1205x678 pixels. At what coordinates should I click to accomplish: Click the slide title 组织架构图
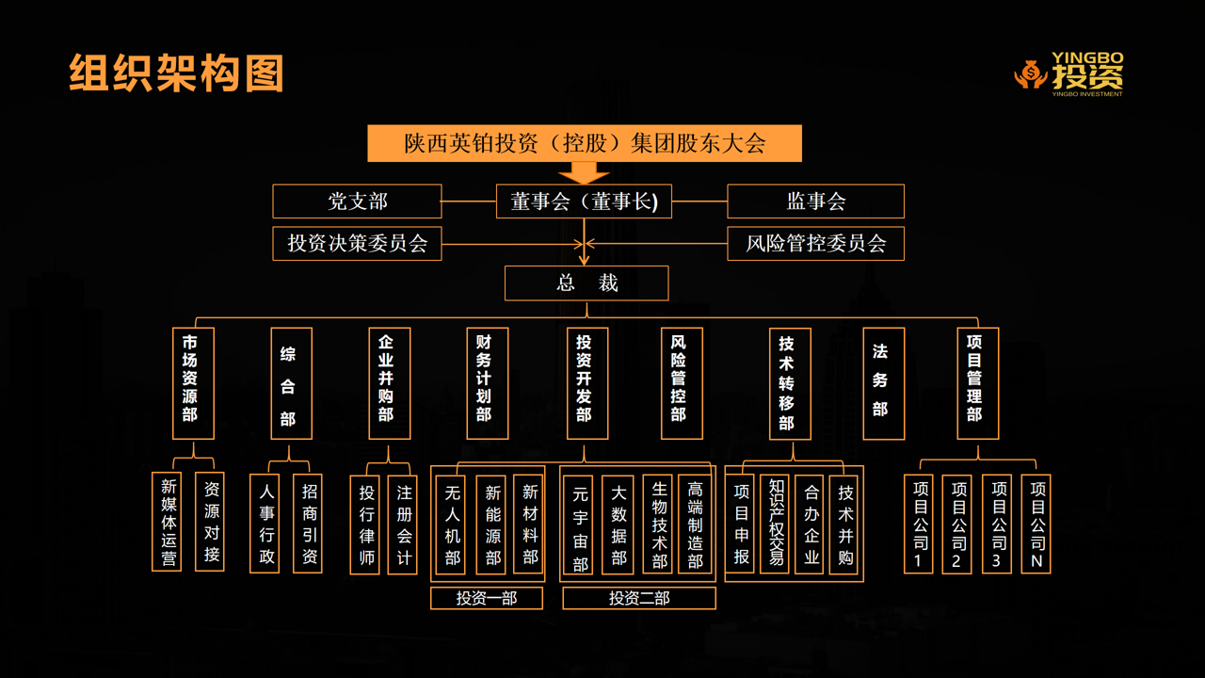176,73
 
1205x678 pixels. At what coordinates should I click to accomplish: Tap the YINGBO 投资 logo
1070,73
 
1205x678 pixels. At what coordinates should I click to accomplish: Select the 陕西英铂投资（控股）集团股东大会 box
585,143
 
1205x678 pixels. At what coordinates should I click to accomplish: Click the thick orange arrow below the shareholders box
584,173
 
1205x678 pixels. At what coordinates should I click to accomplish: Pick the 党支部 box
357,202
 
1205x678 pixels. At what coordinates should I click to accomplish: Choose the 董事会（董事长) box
585,202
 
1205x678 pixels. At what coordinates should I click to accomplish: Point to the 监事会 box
815,202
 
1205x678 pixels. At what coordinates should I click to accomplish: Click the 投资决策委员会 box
357,243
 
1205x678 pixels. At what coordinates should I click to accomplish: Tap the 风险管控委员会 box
815,243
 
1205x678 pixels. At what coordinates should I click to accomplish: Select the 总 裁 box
586,283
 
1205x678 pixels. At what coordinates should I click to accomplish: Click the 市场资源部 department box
193,383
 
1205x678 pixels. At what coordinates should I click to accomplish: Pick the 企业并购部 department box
389,383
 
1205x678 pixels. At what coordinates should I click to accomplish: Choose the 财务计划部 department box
487,383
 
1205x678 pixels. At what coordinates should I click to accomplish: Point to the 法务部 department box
883,383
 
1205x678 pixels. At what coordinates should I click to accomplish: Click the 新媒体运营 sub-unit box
167,522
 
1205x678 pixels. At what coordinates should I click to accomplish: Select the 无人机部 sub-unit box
453,525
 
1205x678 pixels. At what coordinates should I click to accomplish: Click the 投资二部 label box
639,598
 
